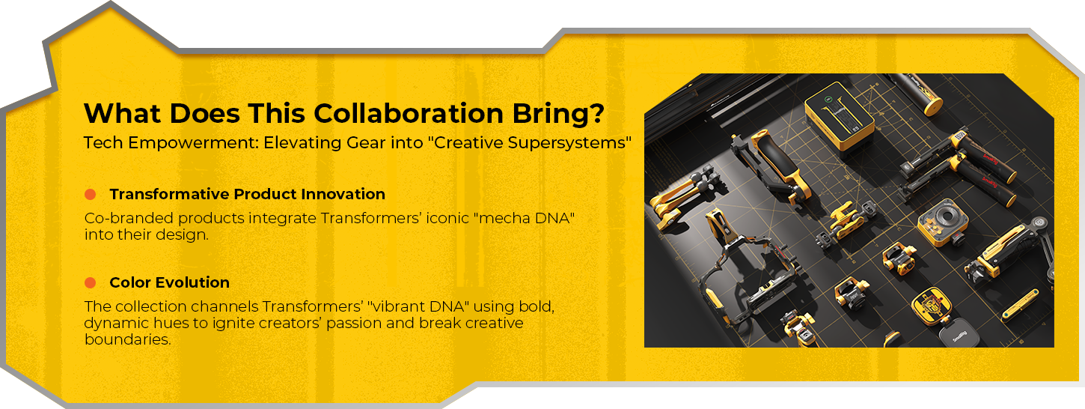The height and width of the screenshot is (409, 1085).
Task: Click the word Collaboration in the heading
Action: click(x=409, y=114)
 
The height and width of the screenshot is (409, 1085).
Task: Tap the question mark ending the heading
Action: click(x=597, y=114)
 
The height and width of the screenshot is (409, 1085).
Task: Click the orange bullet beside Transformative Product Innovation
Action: click(x=90, y=194)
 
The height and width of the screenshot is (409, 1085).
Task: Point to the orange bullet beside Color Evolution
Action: click(x=90, y=282)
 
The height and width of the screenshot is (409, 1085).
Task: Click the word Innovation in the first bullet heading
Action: click(x=343, y=194)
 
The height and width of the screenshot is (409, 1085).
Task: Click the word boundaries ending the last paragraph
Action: click(x=127, y=339)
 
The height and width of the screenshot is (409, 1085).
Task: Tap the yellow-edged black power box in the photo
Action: click(x=840, y=115)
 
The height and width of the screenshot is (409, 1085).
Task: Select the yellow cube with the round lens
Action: click(x=942, y=222)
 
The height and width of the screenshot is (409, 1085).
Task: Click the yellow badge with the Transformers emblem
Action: click(x=931, y=306)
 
